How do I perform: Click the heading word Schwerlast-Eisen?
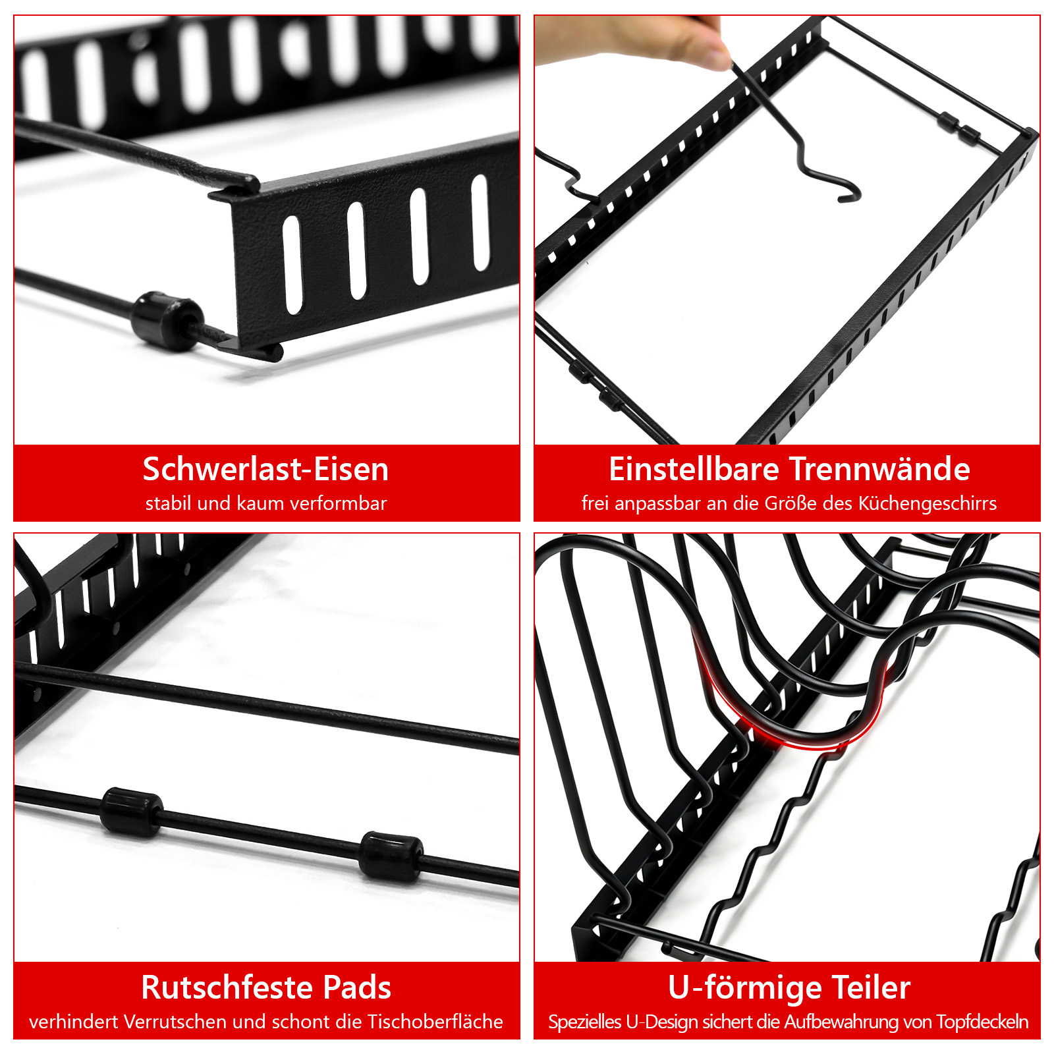point(265,469)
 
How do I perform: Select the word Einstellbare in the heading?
point(694,469)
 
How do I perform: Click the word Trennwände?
point(880,469)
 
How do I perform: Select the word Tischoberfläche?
point(435,1022)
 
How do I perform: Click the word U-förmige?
point(745,988)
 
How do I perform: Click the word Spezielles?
point(585,1022)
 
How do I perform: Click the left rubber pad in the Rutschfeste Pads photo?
point(131,812)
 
